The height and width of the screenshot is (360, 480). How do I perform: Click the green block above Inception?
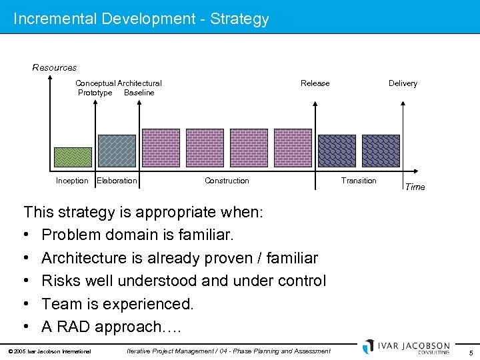pos(72,157)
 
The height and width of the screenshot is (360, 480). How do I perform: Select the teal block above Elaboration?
pos(117,151)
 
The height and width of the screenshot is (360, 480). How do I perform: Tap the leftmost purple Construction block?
pos(161,148)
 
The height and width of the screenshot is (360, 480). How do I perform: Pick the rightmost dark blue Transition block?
pos(381,151)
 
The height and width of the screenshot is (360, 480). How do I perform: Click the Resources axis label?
pos(55,67)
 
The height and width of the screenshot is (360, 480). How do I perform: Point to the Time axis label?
pos(415,187)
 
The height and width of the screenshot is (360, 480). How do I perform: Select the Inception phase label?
pos(72,181)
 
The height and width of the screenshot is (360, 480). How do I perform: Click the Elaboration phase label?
pos(117,181)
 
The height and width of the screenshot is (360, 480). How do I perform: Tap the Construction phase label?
pos(227,181)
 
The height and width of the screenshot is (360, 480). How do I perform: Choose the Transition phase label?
pos(359,181)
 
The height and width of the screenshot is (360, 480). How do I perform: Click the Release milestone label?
pos(315,83)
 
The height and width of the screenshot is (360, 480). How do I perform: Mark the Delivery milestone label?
pos(403,83)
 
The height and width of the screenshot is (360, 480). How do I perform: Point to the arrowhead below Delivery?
pos(403,103)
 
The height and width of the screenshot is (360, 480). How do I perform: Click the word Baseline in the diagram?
pos(139,93)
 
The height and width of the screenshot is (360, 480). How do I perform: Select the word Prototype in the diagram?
pos(95,93)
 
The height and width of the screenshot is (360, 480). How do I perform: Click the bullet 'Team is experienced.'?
pos(117,304)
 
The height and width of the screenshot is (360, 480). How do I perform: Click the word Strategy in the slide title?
pos(239,19)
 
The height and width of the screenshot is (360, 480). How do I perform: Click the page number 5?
pos(471,352)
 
